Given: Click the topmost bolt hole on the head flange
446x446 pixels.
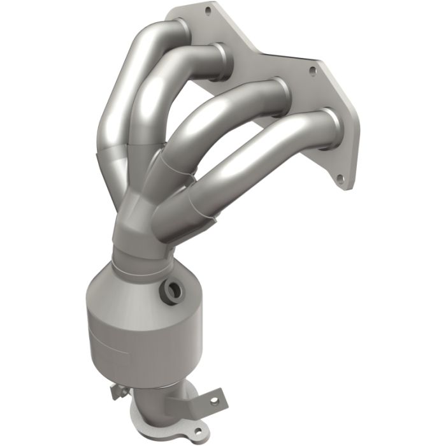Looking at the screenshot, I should (x=208, y=10).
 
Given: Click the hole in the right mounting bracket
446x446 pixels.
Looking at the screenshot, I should (x=215, y=401).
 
